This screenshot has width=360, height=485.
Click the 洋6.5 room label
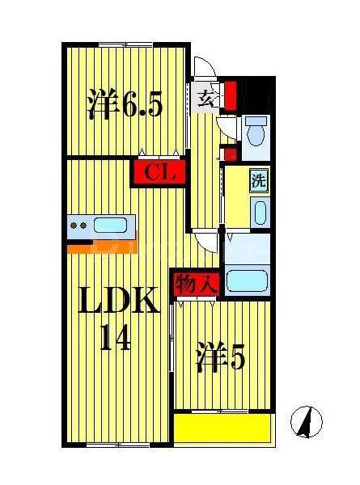point(125,104)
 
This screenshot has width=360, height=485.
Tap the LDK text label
point(119,300)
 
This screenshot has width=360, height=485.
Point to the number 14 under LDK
point(115,337)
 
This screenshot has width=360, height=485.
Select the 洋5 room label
point(220,356)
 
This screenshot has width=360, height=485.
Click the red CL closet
point(159,172)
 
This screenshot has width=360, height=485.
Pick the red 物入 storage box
point(196,284)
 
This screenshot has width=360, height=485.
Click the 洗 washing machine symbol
point(259,181)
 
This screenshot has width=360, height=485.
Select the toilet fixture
point(256,131)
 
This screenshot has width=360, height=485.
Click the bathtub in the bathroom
point(247,280)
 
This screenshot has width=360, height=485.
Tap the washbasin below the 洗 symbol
point(260,213)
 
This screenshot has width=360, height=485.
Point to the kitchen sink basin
point(110,225)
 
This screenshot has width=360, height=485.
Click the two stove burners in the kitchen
point(78,226)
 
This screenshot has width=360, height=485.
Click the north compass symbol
point(307,422)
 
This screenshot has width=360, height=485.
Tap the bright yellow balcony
point(222,428)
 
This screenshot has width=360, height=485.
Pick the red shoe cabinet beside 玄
point(231,95)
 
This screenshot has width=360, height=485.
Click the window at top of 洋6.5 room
point(125,44)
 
